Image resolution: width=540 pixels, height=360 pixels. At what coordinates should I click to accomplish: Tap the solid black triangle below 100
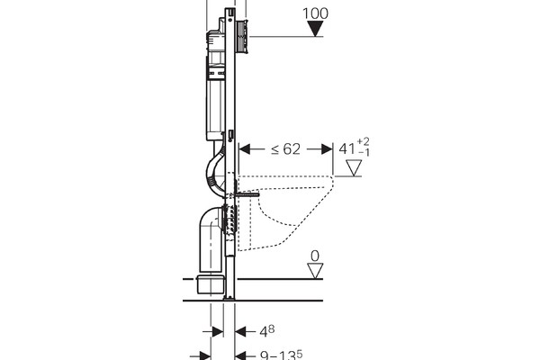315,28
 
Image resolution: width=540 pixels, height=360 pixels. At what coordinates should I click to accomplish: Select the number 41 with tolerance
345,148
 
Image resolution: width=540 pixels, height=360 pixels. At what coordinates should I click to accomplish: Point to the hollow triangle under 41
353,166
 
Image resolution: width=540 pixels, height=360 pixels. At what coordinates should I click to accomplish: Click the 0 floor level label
315,256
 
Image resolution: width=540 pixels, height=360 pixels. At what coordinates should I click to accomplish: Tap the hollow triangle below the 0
315,269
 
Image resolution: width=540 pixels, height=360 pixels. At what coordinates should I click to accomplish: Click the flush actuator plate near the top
241,36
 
